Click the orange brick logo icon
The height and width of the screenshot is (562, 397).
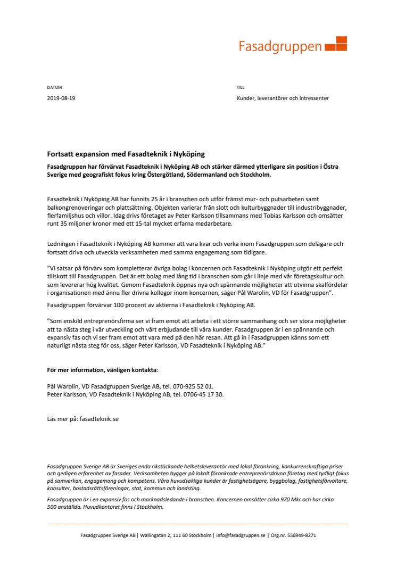[336, 44]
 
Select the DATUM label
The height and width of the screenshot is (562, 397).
[54, 87]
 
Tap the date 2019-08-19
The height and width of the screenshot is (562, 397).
[61, 98]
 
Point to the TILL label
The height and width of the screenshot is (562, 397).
[241, 87]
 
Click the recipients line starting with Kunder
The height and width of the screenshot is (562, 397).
[283, 98]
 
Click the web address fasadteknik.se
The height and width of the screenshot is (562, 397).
[98, 419]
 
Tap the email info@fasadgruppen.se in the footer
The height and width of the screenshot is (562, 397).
[241, 535]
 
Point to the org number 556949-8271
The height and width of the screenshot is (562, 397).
[303, 535]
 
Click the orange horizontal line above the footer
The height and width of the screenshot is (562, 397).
[198, 524]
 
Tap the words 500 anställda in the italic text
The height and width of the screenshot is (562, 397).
[62, 507]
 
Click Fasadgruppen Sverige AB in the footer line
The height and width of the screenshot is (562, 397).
[108, 535]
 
